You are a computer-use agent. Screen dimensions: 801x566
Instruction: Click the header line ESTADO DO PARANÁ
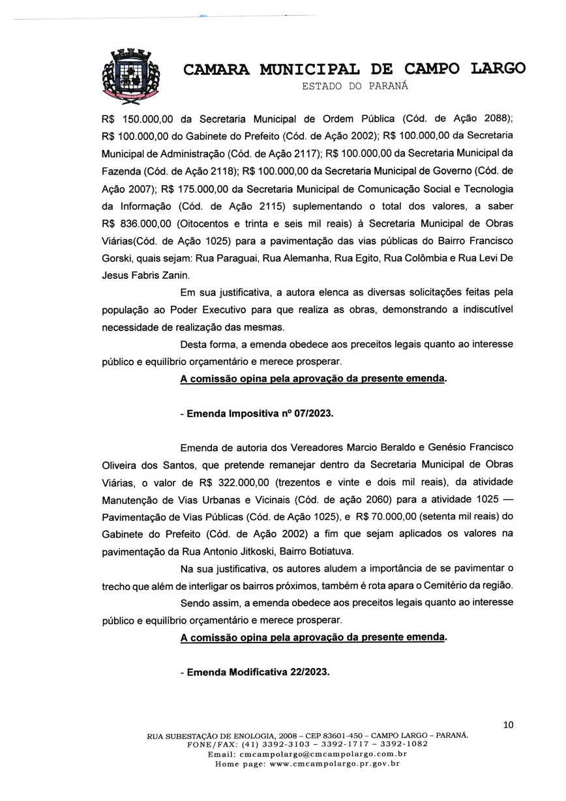coord(354,85)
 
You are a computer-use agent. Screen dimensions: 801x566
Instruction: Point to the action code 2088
coord(496,119)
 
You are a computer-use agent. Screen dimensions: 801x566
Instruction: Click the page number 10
coord(509,723)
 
